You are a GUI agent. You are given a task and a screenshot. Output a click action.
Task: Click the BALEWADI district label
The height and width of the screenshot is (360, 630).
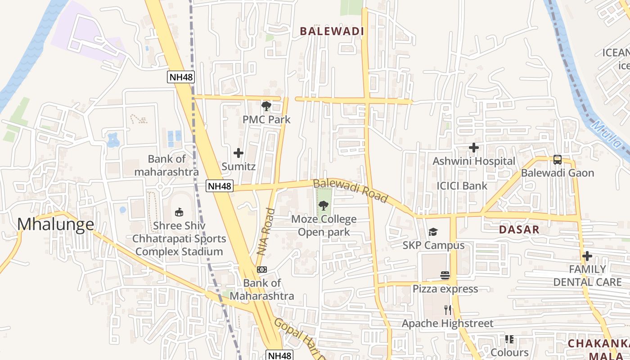point(332,31)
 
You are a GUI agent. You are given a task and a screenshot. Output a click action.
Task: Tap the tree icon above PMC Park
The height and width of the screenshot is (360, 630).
point(266,106)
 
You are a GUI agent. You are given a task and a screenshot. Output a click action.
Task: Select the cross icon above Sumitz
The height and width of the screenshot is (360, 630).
point(238,153)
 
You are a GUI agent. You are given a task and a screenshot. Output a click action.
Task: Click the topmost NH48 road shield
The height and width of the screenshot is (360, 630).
point(181,77)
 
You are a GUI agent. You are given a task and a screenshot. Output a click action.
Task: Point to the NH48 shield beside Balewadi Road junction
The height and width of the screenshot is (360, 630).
point(220,186)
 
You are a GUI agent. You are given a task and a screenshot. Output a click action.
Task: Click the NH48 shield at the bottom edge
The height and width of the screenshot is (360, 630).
point(279,355)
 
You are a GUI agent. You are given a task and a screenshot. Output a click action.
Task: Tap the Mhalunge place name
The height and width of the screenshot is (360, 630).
point(56,224)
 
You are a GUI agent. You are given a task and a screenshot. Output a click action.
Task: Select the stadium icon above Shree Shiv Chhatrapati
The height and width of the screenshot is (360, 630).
point(179,212)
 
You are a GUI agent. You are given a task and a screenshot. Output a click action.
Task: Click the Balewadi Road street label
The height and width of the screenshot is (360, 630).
point(350,190)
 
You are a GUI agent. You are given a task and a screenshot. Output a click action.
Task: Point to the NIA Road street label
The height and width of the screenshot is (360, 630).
point(265,232)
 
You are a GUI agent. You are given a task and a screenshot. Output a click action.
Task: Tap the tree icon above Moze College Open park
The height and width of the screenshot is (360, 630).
point(323,206)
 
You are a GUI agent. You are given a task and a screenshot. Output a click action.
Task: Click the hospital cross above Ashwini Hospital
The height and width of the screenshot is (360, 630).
point(473,148)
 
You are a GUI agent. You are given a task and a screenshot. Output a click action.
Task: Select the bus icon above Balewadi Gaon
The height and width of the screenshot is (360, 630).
point(557,159)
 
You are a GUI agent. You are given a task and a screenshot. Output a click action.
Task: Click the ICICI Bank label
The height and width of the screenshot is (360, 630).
point(462,185)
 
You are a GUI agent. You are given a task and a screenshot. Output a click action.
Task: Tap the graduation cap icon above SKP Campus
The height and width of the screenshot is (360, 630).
point(433,232)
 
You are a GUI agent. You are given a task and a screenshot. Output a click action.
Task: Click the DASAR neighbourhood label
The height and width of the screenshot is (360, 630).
point(519,229)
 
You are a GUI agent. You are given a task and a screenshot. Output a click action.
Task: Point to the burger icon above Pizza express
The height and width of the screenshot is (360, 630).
point(445,275)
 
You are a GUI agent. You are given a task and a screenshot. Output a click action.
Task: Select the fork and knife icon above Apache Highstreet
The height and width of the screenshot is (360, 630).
point(447,310)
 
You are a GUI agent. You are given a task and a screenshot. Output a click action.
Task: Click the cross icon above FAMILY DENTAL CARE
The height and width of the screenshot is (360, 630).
point(587,256)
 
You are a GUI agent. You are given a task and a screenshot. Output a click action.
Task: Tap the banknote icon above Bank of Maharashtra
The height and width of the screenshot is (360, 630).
point(262,270)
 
